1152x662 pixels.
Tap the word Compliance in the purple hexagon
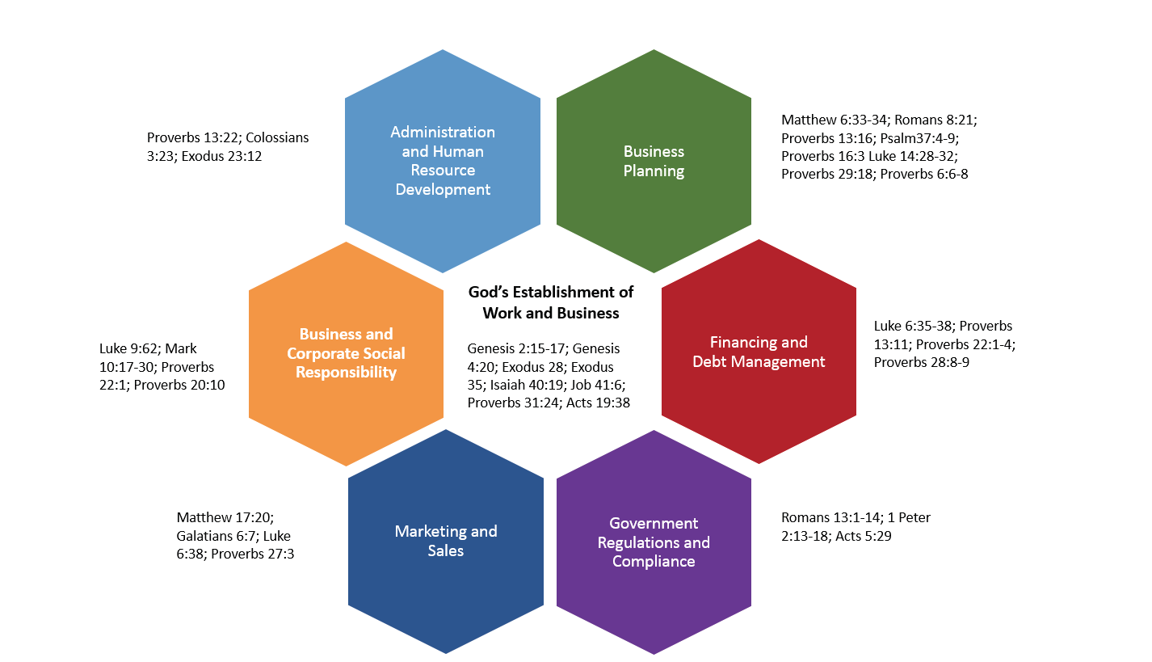pyautogui.click(x=654, y=561)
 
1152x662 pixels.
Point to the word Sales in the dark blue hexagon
pyautogui.click(x=445, y=550)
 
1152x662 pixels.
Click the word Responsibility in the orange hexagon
pyautogui.click(x=346, y=373)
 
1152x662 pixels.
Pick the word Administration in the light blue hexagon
pyautogui.click(x=443, y=132)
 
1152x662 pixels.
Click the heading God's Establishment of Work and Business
pyautogui.click(x=551, y=302)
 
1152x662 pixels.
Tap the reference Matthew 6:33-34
pyautogui.click(x=835, y=119)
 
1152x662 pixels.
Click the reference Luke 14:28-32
pyautogui.click(x=914, y=155)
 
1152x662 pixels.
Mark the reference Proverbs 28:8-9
pyautogui.click(x=922, y=362)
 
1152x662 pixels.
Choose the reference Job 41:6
pyautogui.click(x=598, y=385)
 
